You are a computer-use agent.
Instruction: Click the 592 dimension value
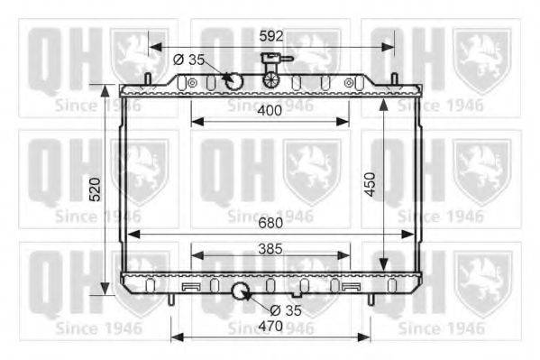pos(271,36)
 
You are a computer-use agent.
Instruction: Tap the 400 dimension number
pos(270,110)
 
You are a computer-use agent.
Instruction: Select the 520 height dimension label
pos(95,189)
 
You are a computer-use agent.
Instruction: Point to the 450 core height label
pos(370,184)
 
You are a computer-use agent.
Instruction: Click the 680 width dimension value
pos(270,223)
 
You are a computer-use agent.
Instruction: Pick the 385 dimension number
pos(270,249)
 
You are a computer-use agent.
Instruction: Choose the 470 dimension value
pos(270,326)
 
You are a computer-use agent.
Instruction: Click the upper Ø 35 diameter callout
pos(188,60)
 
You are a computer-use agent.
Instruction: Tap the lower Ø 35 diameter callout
pos(286,310)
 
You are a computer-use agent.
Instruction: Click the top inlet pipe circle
pos(234,81)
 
